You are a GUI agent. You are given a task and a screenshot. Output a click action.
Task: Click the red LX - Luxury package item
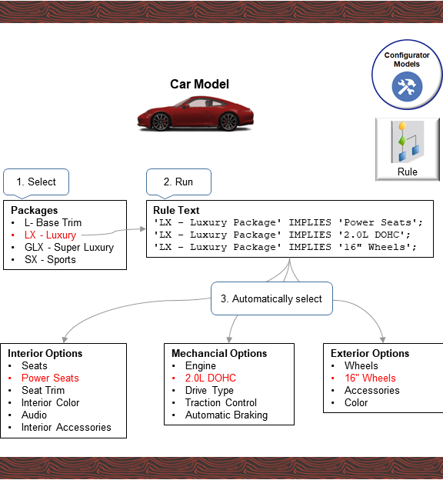[50, 235]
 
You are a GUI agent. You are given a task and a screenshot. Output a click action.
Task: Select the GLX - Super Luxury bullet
[68, 247]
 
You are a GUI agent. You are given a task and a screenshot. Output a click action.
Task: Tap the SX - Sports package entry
[50, 259]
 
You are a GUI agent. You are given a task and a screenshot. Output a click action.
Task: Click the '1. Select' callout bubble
[36, 182]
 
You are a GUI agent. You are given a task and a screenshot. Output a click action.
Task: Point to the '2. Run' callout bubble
[178, 182]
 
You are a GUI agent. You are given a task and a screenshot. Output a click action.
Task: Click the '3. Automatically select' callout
[271, 298]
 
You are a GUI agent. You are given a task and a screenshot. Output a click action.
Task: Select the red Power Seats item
[50, 378]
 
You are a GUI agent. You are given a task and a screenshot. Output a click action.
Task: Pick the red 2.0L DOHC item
[210, 378]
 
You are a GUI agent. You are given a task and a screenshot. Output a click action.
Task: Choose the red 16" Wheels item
[370, 378]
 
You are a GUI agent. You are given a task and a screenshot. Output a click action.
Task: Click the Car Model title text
[199, 85]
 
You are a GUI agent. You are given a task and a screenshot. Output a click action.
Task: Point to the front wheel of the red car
[161, 122]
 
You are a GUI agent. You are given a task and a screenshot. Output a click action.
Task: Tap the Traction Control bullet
[221, 402]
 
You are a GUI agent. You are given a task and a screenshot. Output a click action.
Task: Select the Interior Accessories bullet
[66, 427]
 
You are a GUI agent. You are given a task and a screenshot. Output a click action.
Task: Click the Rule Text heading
[176, 210]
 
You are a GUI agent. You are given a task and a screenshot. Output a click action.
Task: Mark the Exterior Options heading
[370, 353]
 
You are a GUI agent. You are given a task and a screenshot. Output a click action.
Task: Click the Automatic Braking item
[226, 415]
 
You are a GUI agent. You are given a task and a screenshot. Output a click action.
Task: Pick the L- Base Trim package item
[52, 222]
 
